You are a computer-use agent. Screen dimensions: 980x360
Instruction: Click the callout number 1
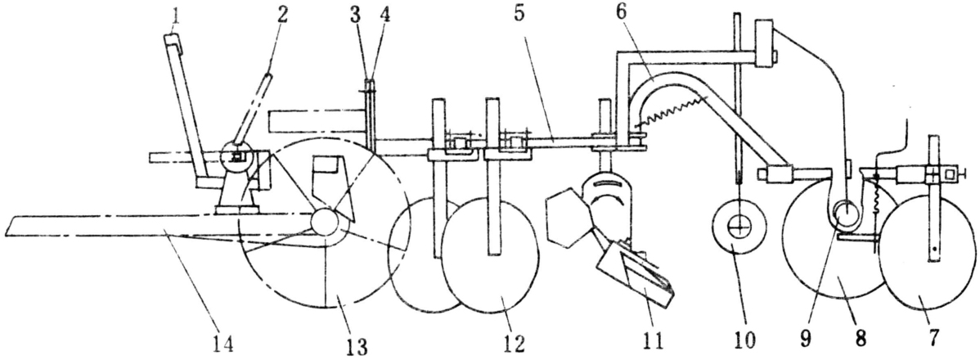click(x=176, y=14)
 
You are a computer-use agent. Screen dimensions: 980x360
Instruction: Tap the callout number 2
click(x=282, y=15)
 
